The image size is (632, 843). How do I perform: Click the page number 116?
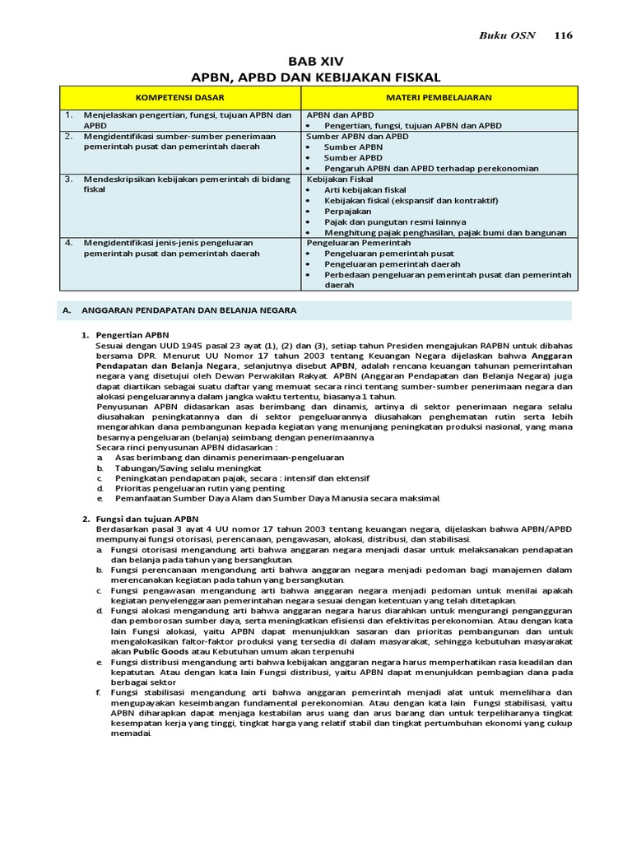[x=563, y=35]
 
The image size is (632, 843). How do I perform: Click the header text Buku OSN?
[x=508, y=35]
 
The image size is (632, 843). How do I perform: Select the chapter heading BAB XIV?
[x=316, y=62]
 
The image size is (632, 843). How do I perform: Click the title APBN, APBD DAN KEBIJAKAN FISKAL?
[x=316, y=77]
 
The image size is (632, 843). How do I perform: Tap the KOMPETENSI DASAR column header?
[x=181, y=97]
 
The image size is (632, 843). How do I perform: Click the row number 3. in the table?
[x=70, y=178]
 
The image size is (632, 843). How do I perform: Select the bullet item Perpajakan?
[x=348, y=211]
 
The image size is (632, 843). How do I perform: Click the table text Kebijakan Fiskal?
[x=340, y=179]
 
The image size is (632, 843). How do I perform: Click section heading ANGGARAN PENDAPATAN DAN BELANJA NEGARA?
[x=185, y=310]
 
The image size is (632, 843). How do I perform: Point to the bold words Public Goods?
[x=163, y=650]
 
